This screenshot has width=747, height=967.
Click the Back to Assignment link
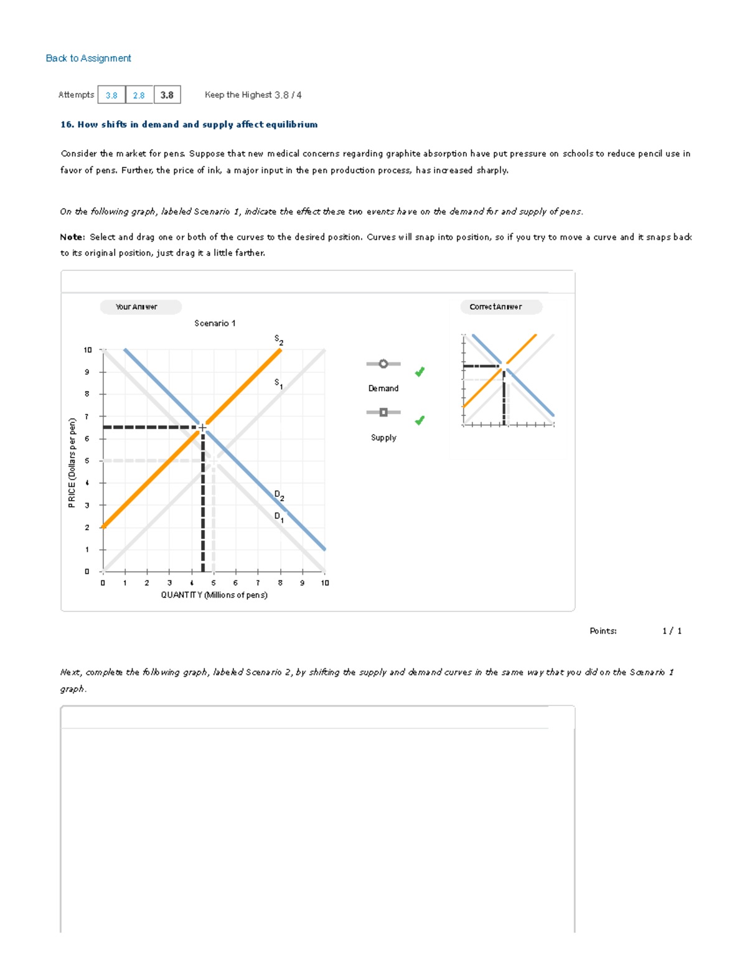88,58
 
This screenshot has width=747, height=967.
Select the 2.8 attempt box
139,95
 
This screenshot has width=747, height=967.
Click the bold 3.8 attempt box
167,95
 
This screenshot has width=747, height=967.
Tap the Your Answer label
137,307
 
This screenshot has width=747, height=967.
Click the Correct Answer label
496,307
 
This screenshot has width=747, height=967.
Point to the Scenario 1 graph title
215,323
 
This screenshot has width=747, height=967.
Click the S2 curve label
279,340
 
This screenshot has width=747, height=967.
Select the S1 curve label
279,384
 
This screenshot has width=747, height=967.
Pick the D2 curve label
279,495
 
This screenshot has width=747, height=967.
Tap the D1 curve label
279,517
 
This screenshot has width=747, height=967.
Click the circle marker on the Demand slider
383,364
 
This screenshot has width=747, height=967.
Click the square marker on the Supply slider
383,412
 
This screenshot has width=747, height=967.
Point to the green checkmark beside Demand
420,372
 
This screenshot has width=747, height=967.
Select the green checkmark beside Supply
420,420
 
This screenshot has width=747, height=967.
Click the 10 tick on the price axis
88,350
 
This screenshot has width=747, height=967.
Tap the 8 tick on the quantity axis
280,583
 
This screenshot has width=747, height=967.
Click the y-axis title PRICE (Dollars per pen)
72,463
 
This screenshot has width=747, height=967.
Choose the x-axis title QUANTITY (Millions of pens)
214,595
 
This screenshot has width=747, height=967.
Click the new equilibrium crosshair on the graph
202,428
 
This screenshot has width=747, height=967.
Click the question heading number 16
67,125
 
